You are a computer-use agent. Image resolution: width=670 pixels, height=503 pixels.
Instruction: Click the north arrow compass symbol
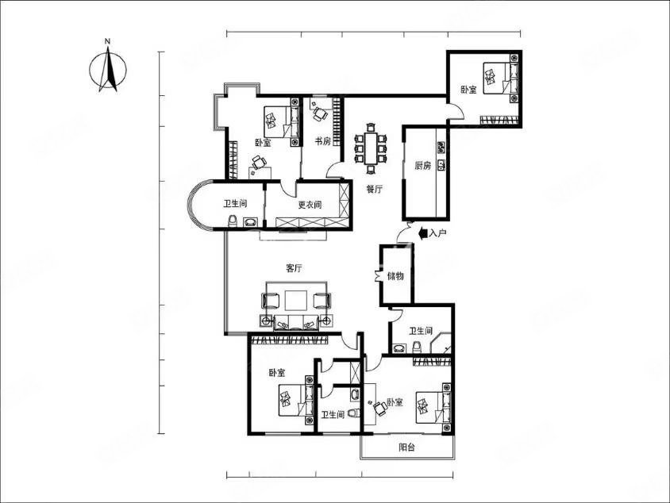click(108, 69)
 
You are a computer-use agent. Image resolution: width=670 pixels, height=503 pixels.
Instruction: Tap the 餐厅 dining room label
click(375, 189)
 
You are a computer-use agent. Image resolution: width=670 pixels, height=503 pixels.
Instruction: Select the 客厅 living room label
click(294, 268)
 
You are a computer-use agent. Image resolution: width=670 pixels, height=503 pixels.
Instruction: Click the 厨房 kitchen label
click(423, 166)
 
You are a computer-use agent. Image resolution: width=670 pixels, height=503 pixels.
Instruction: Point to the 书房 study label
click(322, 141)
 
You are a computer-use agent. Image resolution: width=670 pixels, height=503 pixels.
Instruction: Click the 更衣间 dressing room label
click(310, 205)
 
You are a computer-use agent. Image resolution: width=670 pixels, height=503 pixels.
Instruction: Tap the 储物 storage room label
click(395, 276)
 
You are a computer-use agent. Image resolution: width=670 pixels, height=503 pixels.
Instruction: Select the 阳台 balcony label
click(406, 447)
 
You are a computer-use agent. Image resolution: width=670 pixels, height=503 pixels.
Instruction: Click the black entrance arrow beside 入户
click(423, 233)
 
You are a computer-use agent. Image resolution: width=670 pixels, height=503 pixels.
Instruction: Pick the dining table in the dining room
click(371, 148)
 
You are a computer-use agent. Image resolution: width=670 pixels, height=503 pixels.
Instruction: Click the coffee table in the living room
click(295, 300)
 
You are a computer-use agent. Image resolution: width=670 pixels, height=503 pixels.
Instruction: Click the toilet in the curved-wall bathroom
click(233, 221)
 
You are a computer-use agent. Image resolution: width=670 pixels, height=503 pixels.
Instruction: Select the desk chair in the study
click(320, 113)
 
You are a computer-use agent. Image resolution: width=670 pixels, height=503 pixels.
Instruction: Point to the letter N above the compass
click(108, 41)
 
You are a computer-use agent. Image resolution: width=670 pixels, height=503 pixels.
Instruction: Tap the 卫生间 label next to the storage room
click(421, 331)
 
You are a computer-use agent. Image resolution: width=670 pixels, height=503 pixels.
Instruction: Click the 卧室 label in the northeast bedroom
click(468, 90)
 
